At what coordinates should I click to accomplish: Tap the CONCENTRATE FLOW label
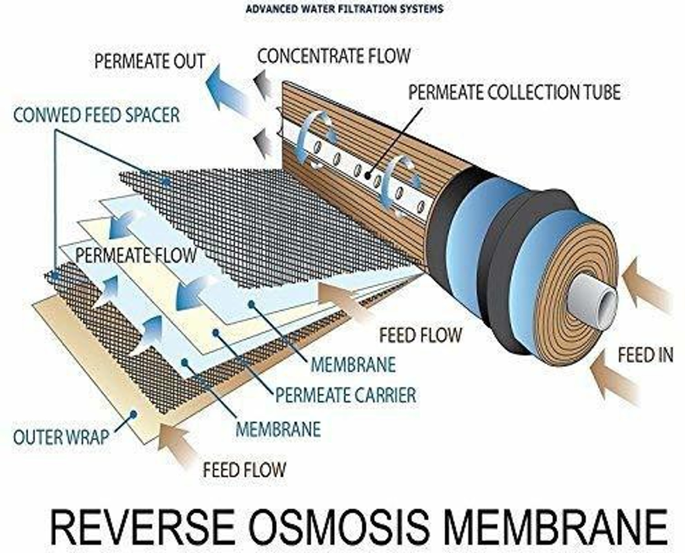[334, 56]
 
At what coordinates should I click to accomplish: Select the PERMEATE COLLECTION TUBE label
[514, 92]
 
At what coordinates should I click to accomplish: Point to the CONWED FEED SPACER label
[96, 115]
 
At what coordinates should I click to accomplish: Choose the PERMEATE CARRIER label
[346, 395]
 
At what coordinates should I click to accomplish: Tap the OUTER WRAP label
[61, 437]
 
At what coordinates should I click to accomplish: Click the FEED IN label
[646, 355]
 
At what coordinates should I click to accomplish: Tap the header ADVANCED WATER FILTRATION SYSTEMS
[344, 9]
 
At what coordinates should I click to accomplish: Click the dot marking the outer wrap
[134, 414]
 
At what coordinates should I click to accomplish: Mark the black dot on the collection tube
[368, 175]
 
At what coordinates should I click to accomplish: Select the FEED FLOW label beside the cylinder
[421, 335]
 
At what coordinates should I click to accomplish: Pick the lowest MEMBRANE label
[278, 429]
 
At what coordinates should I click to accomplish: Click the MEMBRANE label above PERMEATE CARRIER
[353, 364]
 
